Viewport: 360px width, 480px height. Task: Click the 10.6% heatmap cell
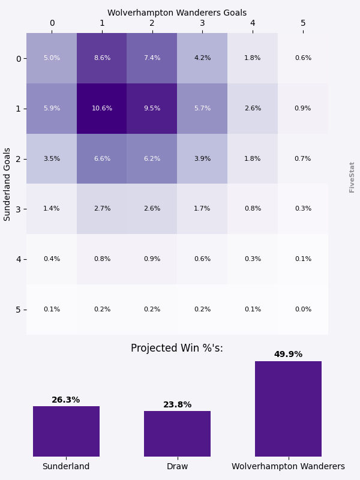coord(102,109)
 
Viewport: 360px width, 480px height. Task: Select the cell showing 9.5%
coord(152,109)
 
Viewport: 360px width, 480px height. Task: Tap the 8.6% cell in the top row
coord(102,58)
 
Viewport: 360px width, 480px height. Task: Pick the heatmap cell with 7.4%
coord(152,58)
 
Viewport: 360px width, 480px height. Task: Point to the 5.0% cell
coord(52,58)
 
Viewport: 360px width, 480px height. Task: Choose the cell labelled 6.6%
coord(102,159)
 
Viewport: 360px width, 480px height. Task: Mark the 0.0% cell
coord(303,310)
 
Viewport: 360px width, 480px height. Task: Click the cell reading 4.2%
coord(202,58)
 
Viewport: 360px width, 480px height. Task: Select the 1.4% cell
coord(52,209)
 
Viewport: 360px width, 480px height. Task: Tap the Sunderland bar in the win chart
coord(66,431)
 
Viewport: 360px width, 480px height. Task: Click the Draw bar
coord(177,434)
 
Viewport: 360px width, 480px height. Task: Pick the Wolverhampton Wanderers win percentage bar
coord(288,409)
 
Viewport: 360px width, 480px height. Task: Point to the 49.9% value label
coord(288,355)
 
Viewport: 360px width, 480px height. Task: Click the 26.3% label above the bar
coord(66,400)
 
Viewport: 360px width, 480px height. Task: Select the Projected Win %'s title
coord(177,349)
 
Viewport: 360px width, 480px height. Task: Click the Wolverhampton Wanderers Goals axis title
coord(177,13)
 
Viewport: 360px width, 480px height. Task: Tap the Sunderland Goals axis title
coord(8,184)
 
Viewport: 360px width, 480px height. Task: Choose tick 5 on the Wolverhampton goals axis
coord(303,23)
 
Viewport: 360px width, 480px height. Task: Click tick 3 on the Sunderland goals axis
coord(19,209)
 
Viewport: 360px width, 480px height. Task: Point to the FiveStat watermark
coord(352,177)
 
